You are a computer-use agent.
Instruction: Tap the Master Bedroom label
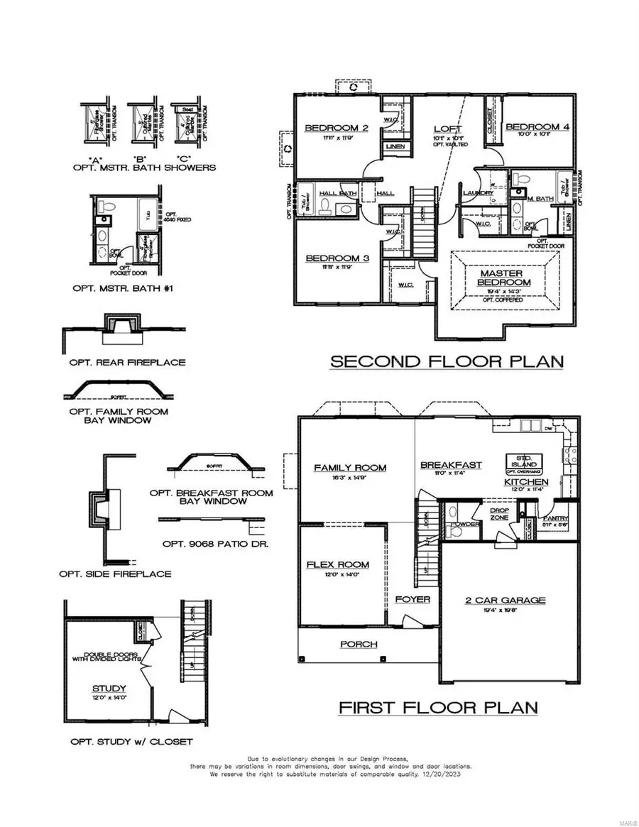tap(502, 278)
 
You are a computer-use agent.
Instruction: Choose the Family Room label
tap(350, 467)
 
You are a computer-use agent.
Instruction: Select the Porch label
tap(358, 645)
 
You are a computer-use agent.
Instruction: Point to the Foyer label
tap(413, 599)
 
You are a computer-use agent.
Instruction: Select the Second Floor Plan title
tap(447, 361)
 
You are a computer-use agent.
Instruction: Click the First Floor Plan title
tap(437, 707)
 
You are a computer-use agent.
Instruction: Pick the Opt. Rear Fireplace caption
tap(127, 362)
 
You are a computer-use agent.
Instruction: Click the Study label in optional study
tap(109, 688)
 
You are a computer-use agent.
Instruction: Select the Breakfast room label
tap(451, 465)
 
